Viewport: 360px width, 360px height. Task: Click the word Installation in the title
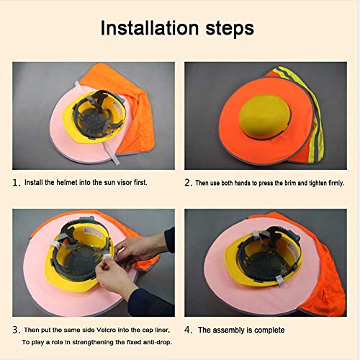pos(150,28)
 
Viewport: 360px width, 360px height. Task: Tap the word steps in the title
pos(230,30)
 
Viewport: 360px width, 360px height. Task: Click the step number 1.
pos(16,183)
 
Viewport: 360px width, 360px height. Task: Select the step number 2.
pos(189,183)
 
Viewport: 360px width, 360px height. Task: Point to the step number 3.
pos(17,330)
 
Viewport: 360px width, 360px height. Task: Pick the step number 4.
pos(189,330)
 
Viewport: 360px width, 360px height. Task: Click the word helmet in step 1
pos(67,182)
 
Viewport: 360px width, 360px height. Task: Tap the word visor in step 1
pos(125,183)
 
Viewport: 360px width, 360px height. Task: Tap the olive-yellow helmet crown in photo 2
pos(265,117)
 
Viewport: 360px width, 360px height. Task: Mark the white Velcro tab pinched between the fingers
pos(107,257)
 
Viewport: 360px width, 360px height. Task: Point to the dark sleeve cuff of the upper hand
pos(170,240)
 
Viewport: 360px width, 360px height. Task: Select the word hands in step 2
pos(242,183)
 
